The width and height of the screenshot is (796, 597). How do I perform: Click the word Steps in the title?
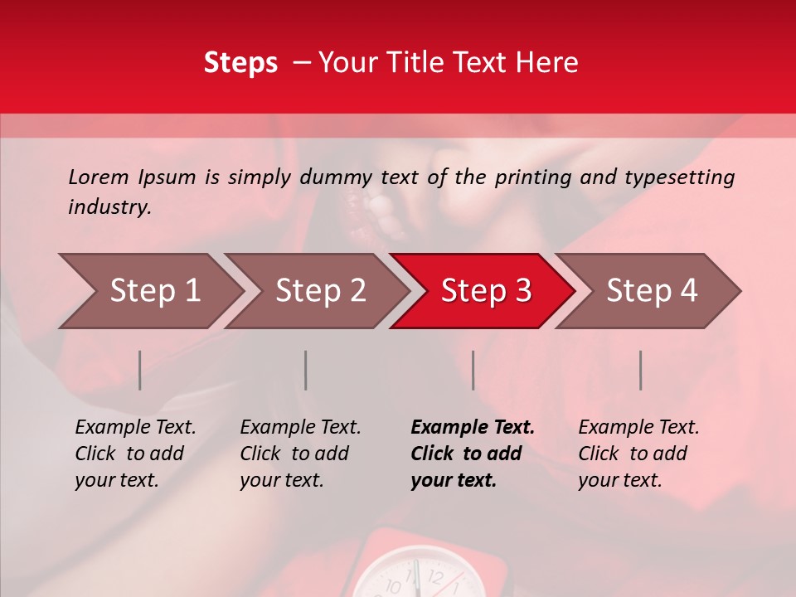[x=240, y=63]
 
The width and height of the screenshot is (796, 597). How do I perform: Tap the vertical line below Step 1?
[x=140, y=370]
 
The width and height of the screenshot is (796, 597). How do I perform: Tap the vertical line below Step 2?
[x=306, y=370]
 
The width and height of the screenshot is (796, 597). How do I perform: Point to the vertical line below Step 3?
[x=473, y=370]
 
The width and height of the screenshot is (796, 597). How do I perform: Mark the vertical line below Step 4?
[x=641, y=370]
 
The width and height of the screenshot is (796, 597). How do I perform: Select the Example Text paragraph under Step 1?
[x=135, y=454]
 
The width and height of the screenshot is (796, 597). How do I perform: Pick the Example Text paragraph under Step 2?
[x=300, y=454]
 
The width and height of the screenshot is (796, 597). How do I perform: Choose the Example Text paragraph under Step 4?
[x=638, y=454]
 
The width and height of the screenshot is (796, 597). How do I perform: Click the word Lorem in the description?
[x=99, y=177]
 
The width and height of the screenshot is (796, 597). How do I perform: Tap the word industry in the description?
[x=109, y=207]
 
